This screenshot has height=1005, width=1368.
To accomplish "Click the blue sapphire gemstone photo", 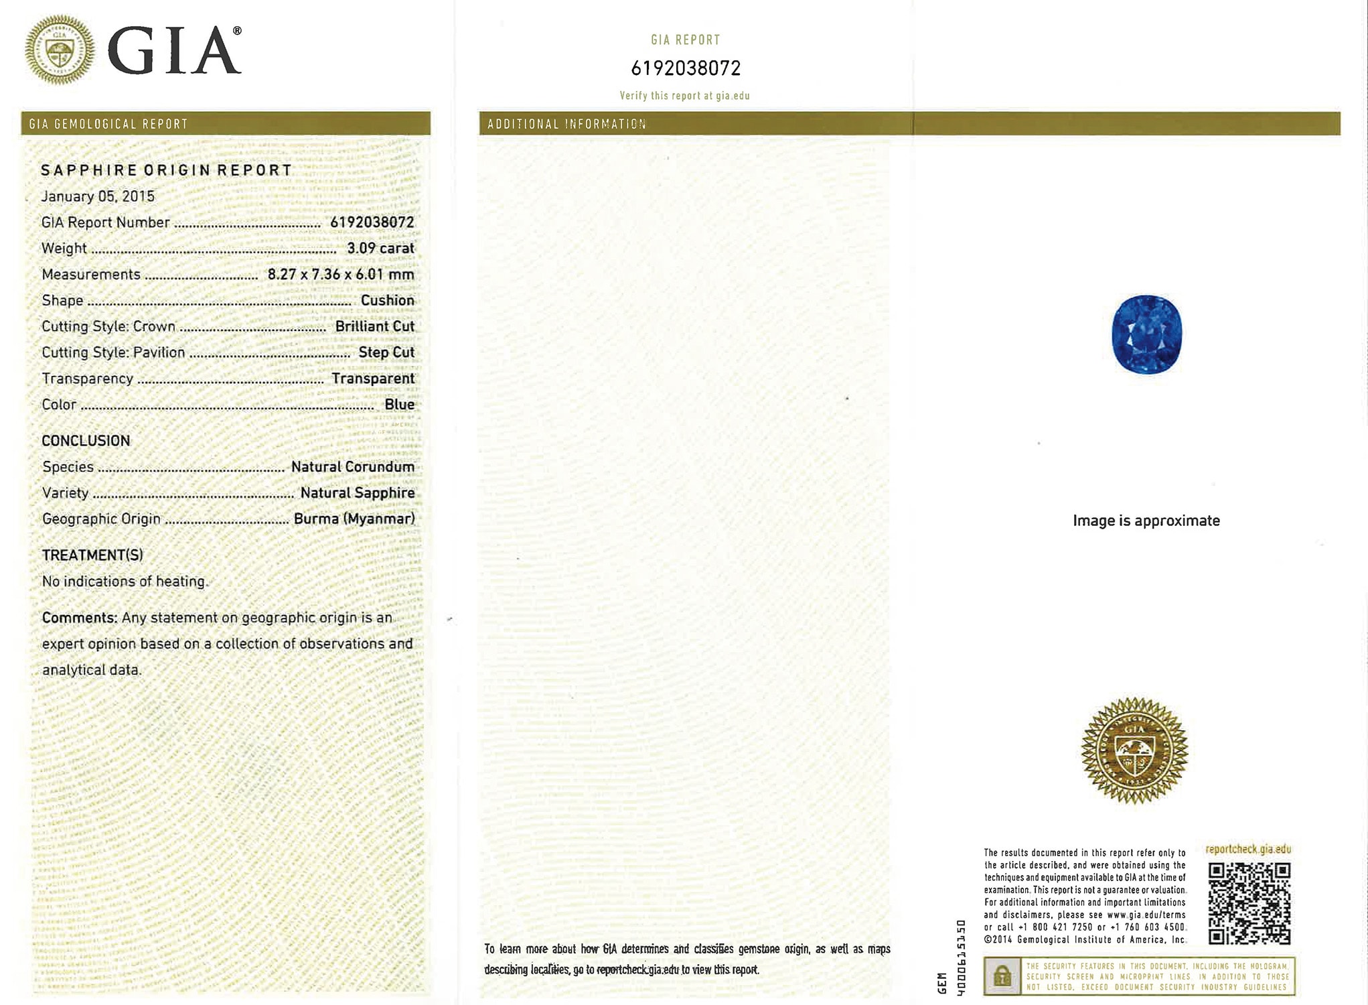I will point(1146,334).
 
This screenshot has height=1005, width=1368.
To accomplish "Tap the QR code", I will point(1249,903).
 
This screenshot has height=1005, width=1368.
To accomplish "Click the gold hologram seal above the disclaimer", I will point(1134,750).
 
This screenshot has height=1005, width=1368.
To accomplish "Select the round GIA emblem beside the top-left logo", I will point(60,50).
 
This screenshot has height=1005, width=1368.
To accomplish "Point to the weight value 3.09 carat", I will point(380,249).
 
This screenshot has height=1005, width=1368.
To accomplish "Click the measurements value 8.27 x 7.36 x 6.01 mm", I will point(341,275).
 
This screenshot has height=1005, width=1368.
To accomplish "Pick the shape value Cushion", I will point(387,301).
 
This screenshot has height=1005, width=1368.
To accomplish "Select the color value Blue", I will point(399,405).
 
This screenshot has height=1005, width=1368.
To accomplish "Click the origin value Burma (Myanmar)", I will point(354,519).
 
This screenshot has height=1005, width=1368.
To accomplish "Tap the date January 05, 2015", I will point(98,196).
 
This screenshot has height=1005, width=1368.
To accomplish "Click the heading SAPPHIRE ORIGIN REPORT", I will point(166,170).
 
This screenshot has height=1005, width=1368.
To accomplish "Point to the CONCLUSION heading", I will point(86,441).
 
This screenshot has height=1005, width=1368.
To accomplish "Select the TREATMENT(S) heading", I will point(92,555).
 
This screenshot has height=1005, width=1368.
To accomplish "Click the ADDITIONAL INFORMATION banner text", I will point(566,124).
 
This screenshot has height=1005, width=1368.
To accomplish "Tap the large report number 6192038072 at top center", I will point(686,68).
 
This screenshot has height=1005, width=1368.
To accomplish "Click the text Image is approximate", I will point(1146,521).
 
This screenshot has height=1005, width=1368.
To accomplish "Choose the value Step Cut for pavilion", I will point(386,353).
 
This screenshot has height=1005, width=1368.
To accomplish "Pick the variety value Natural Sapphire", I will point(357,493).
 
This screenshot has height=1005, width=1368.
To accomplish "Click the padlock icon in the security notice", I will point(1002,976).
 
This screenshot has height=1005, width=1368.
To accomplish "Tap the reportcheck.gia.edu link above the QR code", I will point(1248,850).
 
